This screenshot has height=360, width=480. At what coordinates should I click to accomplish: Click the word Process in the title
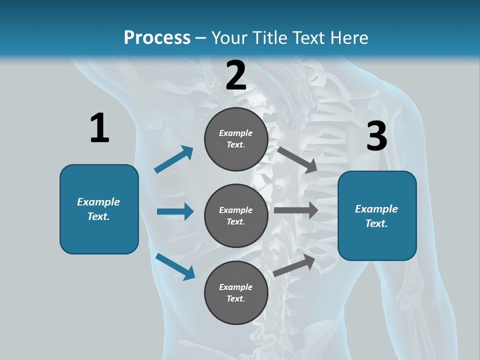(157, 38)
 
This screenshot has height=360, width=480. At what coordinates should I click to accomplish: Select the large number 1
(99, 128)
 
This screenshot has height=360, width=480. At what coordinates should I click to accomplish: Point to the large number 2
(236, 76)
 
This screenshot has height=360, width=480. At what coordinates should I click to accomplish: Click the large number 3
(376, 136)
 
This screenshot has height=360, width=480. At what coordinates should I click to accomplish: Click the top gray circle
(236, 139)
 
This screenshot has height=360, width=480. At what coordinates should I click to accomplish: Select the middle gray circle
(236, 215)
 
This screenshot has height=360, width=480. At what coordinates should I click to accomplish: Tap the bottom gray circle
(236, 292)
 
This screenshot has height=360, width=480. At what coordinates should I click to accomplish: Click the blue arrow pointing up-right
(174, 159)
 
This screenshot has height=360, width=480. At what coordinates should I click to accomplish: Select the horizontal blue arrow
(175, 211)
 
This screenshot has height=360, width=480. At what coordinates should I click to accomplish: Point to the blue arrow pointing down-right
(175, 266)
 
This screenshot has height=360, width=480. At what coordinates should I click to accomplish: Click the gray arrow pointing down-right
(297, 159)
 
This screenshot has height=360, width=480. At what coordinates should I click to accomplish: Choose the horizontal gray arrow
(296, 210)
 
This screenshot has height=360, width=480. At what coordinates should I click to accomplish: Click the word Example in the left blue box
(98, 202)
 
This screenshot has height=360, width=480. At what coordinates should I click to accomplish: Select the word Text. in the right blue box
(376, 223)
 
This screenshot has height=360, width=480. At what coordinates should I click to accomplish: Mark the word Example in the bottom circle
(236, 287)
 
